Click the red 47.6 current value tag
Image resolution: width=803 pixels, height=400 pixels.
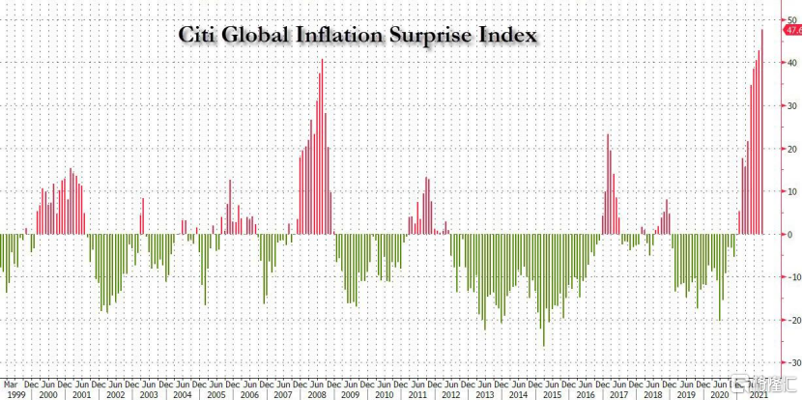[792, 30]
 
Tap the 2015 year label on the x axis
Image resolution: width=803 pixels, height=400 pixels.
[552, 393]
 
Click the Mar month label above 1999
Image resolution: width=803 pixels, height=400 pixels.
[10, 383]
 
